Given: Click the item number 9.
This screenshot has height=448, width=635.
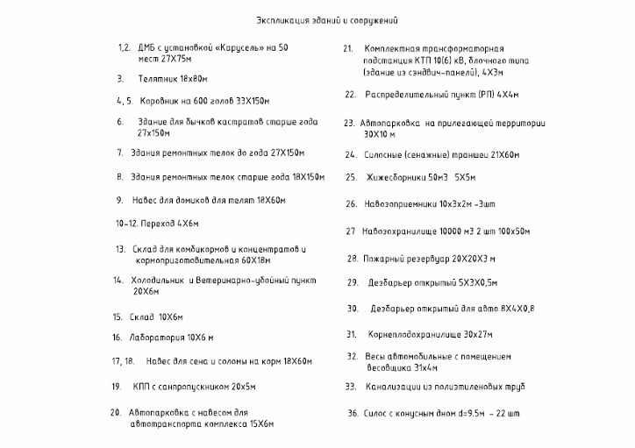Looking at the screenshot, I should coord(119,200).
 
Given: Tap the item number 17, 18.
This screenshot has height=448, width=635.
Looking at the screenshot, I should coord(123,361).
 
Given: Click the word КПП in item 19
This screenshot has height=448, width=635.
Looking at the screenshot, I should coord(142,386).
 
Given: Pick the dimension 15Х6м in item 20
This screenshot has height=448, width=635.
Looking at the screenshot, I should coord(255,423).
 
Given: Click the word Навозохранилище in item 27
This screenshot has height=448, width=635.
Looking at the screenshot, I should coord(397,231).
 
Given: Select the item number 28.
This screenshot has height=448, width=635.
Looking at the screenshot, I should coord(352,259).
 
